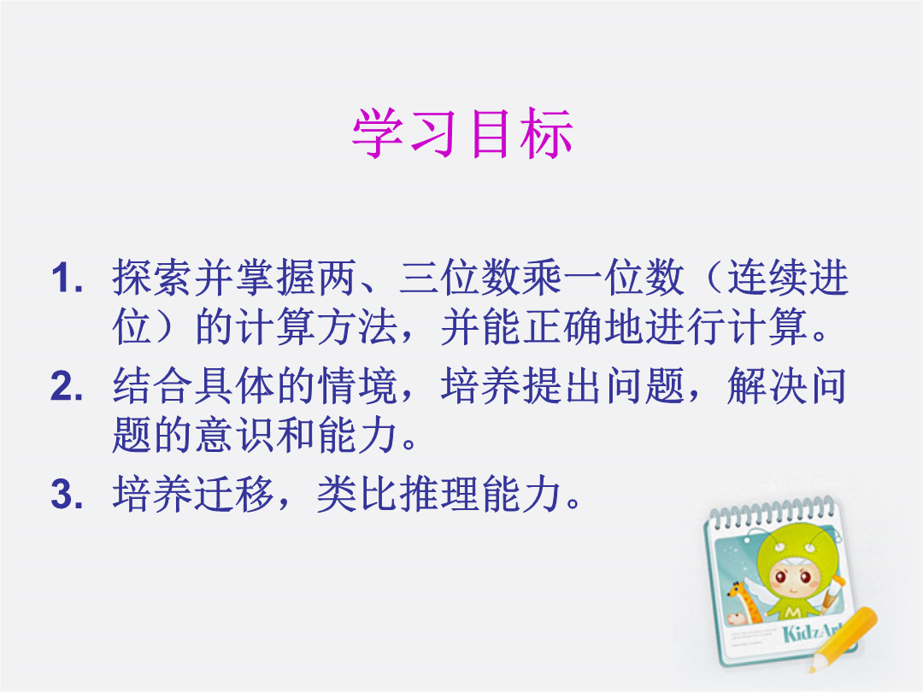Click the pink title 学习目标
tap(462, 133)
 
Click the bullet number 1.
tap(67, 278)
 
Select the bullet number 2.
tap(67, 387)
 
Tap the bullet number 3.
tap(67, 494)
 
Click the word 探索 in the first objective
tap(153, 277)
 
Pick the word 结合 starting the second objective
tap(153, 386)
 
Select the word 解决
tap(767, 386)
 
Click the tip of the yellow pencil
tap(813, 668)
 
